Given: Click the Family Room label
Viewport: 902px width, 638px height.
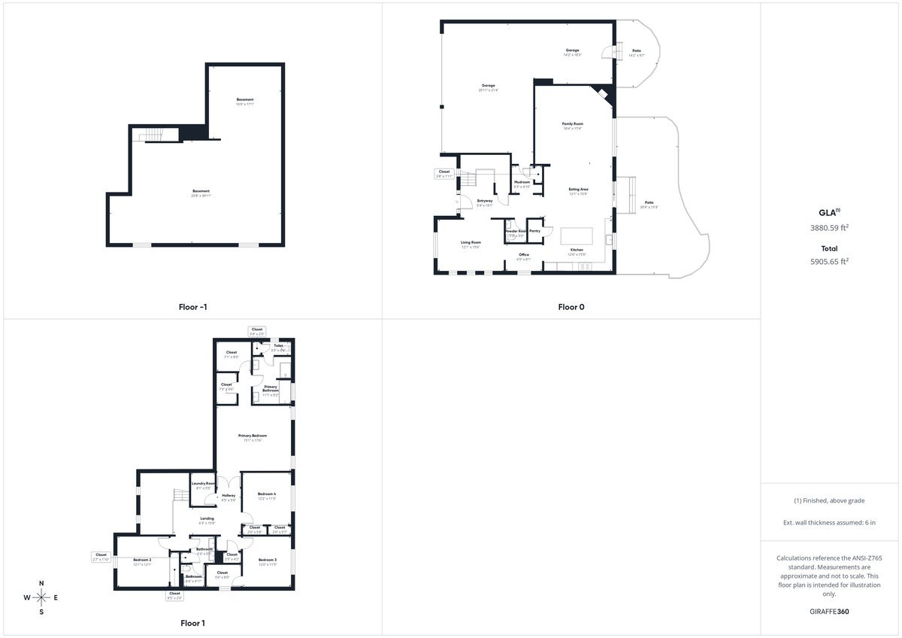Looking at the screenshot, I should (x=573, y=123).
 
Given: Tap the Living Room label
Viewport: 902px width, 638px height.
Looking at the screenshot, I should (x=470, y=242).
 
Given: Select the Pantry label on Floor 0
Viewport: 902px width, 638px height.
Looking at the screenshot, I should (x=535, y=231).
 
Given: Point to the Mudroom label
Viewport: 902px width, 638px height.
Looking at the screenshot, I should (x=522, y=182).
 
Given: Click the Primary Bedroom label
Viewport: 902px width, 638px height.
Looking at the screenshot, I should (x=253, y=436).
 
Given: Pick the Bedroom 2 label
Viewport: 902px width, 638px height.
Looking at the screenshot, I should (x=143, y=560).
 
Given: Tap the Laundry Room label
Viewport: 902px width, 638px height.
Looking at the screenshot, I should (x=204, y=484).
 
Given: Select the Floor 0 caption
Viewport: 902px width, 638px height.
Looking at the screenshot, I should (x=571, y=307).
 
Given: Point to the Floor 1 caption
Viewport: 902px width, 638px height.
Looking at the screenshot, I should (x=192, y=623).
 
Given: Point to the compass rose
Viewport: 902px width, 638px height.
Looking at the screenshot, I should (x=41, y=597).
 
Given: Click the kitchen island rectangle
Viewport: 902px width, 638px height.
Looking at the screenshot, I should (x=577, y=236).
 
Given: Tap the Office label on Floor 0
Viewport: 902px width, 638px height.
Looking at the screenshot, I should (x=524, y=255).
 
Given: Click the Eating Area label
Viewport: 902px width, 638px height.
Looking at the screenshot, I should (x=578, y=190).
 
